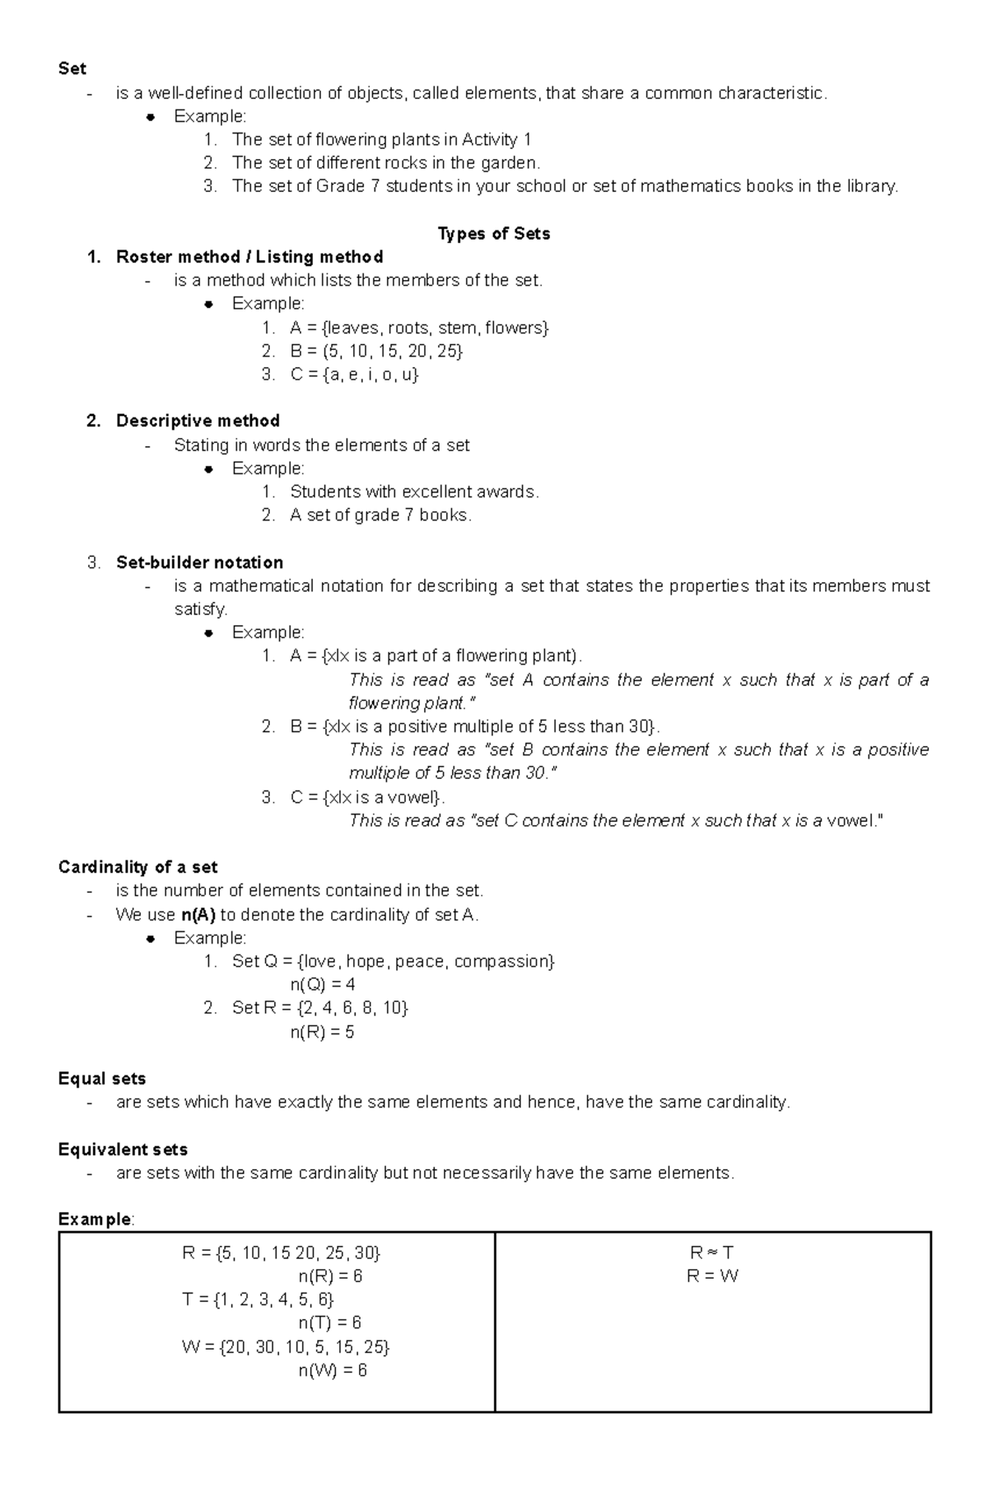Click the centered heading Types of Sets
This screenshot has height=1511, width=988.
pos(494,234)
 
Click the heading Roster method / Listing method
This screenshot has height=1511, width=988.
pos(249,257)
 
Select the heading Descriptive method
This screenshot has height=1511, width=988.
pos(198,421)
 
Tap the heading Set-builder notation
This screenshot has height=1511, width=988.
pos(199,562)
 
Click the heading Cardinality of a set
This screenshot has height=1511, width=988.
pos(137,867)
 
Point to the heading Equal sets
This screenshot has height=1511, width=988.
pos(102,1079)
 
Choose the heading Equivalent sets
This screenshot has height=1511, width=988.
pos(123,1150)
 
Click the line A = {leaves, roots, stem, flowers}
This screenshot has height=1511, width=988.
pos(419,328)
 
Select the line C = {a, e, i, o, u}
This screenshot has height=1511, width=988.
pos(355,375)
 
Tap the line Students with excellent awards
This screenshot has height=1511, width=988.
pos(414,492)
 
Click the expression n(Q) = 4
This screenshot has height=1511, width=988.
pos(322,985)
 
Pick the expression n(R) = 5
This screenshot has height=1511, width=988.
pos(322,1032)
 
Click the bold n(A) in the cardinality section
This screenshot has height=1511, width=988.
pos(198,915)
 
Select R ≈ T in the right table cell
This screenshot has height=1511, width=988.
pos(712,1253)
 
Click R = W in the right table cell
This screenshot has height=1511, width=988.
pos(712,1276)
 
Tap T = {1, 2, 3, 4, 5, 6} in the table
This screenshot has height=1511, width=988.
pos(258,1300)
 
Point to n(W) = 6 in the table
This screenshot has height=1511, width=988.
pos(332,1370)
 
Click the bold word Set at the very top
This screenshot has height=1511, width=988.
pos(72,68)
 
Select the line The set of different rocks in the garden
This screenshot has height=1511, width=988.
pos(385,163)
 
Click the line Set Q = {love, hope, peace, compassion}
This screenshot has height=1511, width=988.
pos(394,962)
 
